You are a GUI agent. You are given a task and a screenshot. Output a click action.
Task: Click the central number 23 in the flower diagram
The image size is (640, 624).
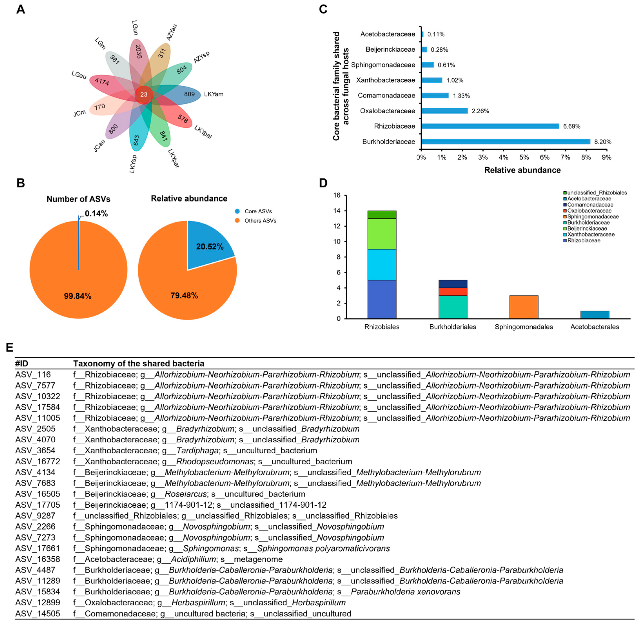click(x=144, y=94)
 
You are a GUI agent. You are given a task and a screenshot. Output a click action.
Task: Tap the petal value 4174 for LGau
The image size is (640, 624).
click(x=102, y=81)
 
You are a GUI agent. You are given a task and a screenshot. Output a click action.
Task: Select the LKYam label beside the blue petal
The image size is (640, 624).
click(x=214, y=94)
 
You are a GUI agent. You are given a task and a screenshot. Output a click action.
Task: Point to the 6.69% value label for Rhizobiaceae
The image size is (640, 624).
click(x=572, y=126)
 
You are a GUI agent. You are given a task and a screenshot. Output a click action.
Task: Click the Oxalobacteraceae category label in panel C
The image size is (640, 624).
click(x=387, y=111)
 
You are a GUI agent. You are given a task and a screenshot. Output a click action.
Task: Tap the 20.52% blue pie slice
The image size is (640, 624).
click(x=210, y=247)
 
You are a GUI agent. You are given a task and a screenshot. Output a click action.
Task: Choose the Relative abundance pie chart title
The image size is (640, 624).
click(x=189, y=199)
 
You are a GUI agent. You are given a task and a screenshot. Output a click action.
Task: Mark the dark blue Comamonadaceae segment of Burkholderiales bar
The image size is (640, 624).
click(x=453, y=284)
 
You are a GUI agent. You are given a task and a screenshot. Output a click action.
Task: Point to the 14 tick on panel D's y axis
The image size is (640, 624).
click(x=337, y=211)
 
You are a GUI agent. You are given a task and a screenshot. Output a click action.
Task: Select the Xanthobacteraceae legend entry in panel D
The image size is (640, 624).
click(x=591, y=234)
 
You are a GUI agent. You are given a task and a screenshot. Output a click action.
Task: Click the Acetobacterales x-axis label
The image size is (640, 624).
click(x=595, y=327)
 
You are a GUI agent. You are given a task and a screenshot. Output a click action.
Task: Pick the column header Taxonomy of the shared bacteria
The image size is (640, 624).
click(x=139, y=363)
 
